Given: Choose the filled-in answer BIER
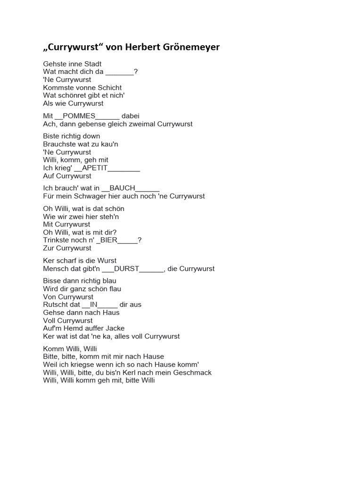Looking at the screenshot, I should point(108,240).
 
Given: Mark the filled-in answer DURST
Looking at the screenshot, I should point(127,269).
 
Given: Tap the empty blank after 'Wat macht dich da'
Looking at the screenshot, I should point(119,72).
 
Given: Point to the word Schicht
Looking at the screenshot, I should point(109,88).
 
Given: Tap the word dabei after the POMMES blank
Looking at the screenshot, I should point(131,116).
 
